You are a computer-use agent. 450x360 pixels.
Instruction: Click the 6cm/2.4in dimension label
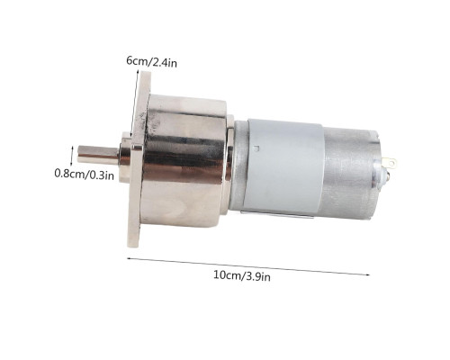coord(151,61)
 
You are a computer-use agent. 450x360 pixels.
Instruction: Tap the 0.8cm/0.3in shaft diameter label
coord(85,175)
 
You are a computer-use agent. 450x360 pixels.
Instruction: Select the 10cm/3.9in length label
coord(242,275)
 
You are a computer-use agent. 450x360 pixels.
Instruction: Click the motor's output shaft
coord(98,155)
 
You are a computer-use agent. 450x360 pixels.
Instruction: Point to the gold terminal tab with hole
coord(391,163)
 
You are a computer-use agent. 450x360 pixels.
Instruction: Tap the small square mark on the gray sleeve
coord(256,148)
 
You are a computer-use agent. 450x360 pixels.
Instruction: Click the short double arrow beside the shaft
coord(71,156)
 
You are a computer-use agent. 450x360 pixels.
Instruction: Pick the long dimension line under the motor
coord(248,266)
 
